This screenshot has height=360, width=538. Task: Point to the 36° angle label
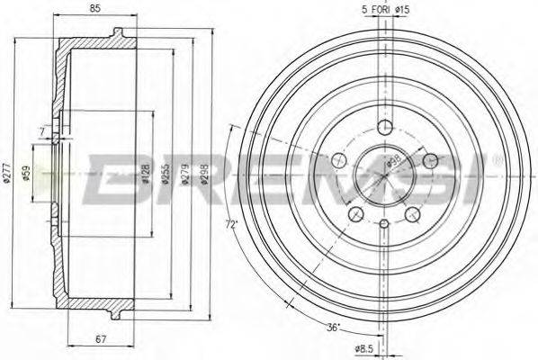click(334, 328)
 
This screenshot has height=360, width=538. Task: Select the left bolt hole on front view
click(339, 160)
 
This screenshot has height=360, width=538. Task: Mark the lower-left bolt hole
click(356, 213)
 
